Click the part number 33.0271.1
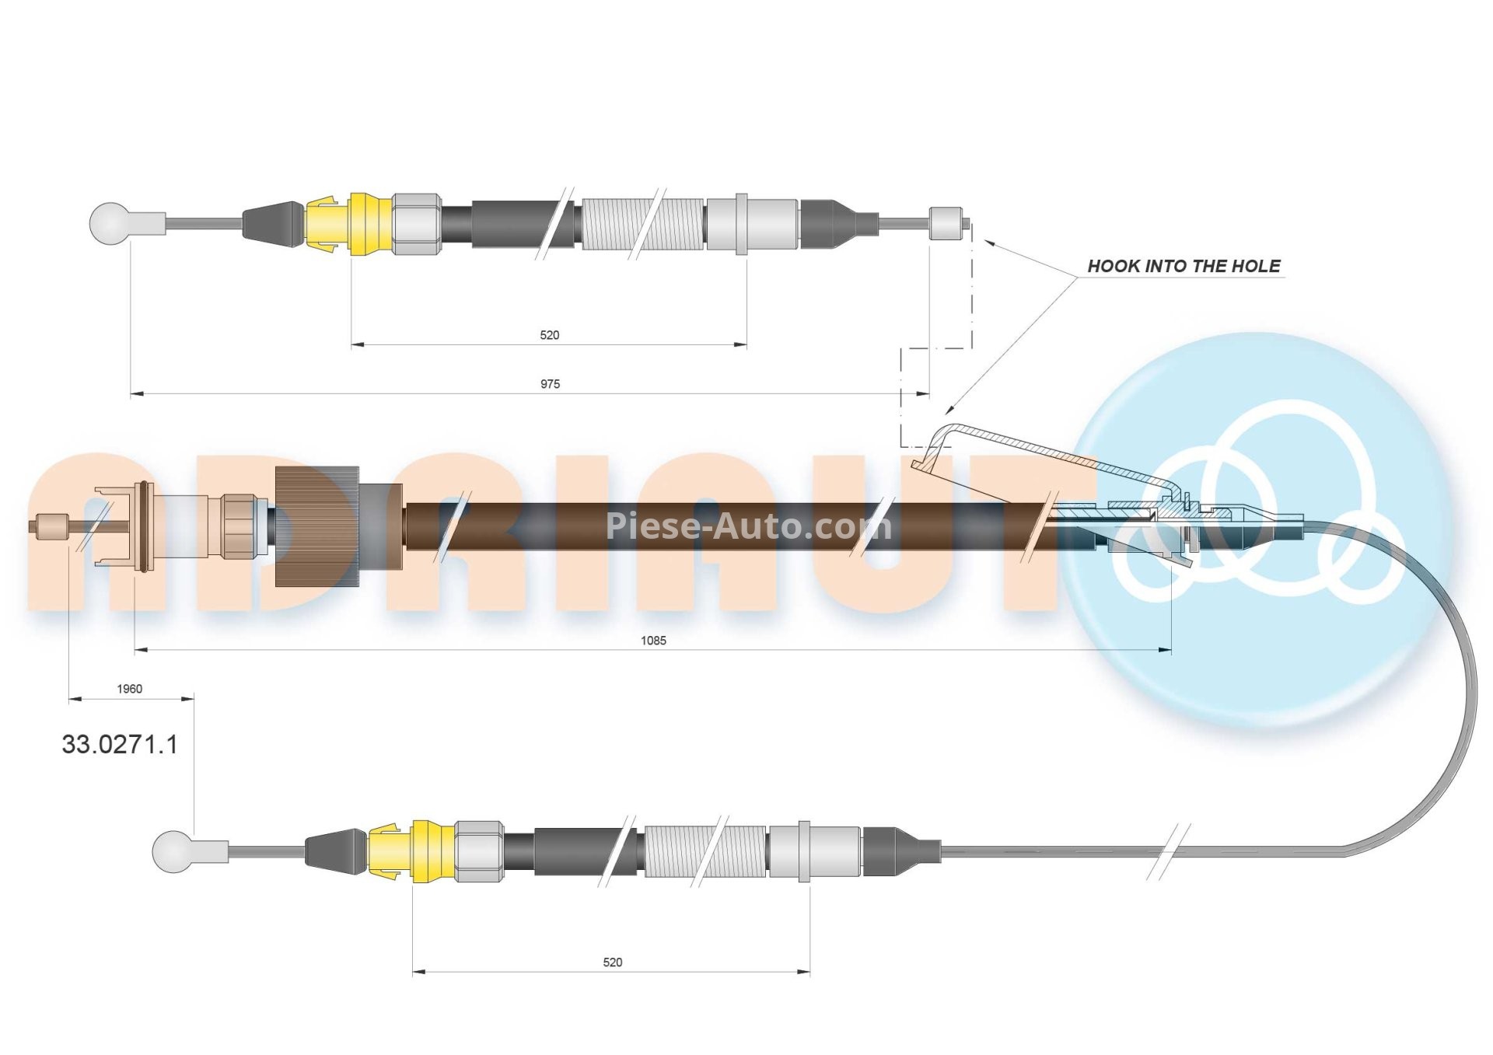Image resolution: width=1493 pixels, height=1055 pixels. [x=120, y=745]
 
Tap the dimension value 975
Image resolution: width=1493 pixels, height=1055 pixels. [x=550, y=384]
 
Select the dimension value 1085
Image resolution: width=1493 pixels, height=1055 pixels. [x=653, y=641]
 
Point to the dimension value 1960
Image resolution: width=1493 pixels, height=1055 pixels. [x=129, y=689]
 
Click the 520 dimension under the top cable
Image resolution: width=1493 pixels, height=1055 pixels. [x=549, y=335]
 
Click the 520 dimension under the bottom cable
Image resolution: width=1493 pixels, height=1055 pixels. [x=612, y=962]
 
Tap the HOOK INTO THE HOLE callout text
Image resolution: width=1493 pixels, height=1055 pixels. [x=1183, y=267]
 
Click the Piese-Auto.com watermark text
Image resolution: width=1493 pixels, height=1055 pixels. [x=748, y=526]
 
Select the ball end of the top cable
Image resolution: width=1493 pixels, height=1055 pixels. [x=108, y=222]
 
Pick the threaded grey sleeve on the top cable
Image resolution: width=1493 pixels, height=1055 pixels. [x=642, y=224]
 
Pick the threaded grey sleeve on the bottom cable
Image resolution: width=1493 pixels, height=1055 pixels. [x=705, y=851]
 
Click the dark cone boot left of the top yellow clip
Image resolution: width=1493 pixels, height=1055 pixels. [x=271, y=224]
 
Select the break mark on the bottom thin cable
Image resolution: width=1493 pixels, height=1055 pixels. [x=1169, y=851]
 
